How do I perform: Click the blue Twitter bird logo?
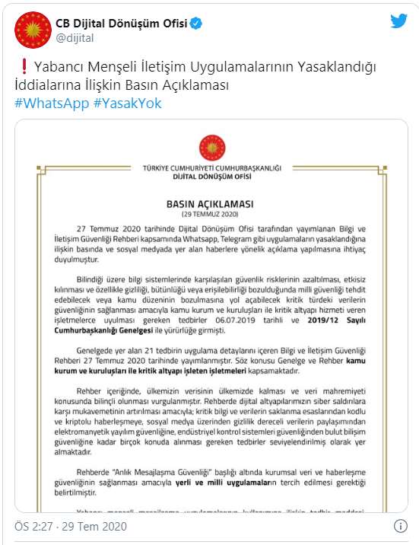[x=399, y=21]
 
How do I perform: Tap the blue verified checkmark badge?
[x=196, y=24]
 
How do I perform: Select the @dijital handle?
[x=74, y=37]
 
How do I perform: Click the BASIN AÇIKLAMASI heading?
[x=209, y=205]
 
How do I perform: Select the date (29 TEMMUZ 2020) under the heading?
[x=209, y=215]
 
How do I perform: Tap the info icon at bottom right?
[x=400, y=526]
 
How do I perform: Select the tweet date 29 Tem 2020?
[x=94, y=527]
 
